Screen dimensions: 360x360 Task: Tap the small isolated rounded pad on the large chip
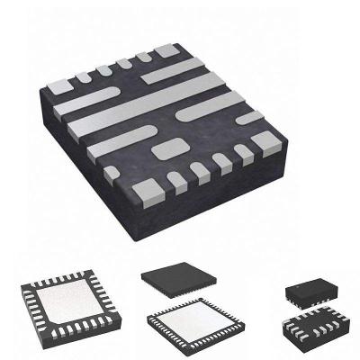165,148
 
